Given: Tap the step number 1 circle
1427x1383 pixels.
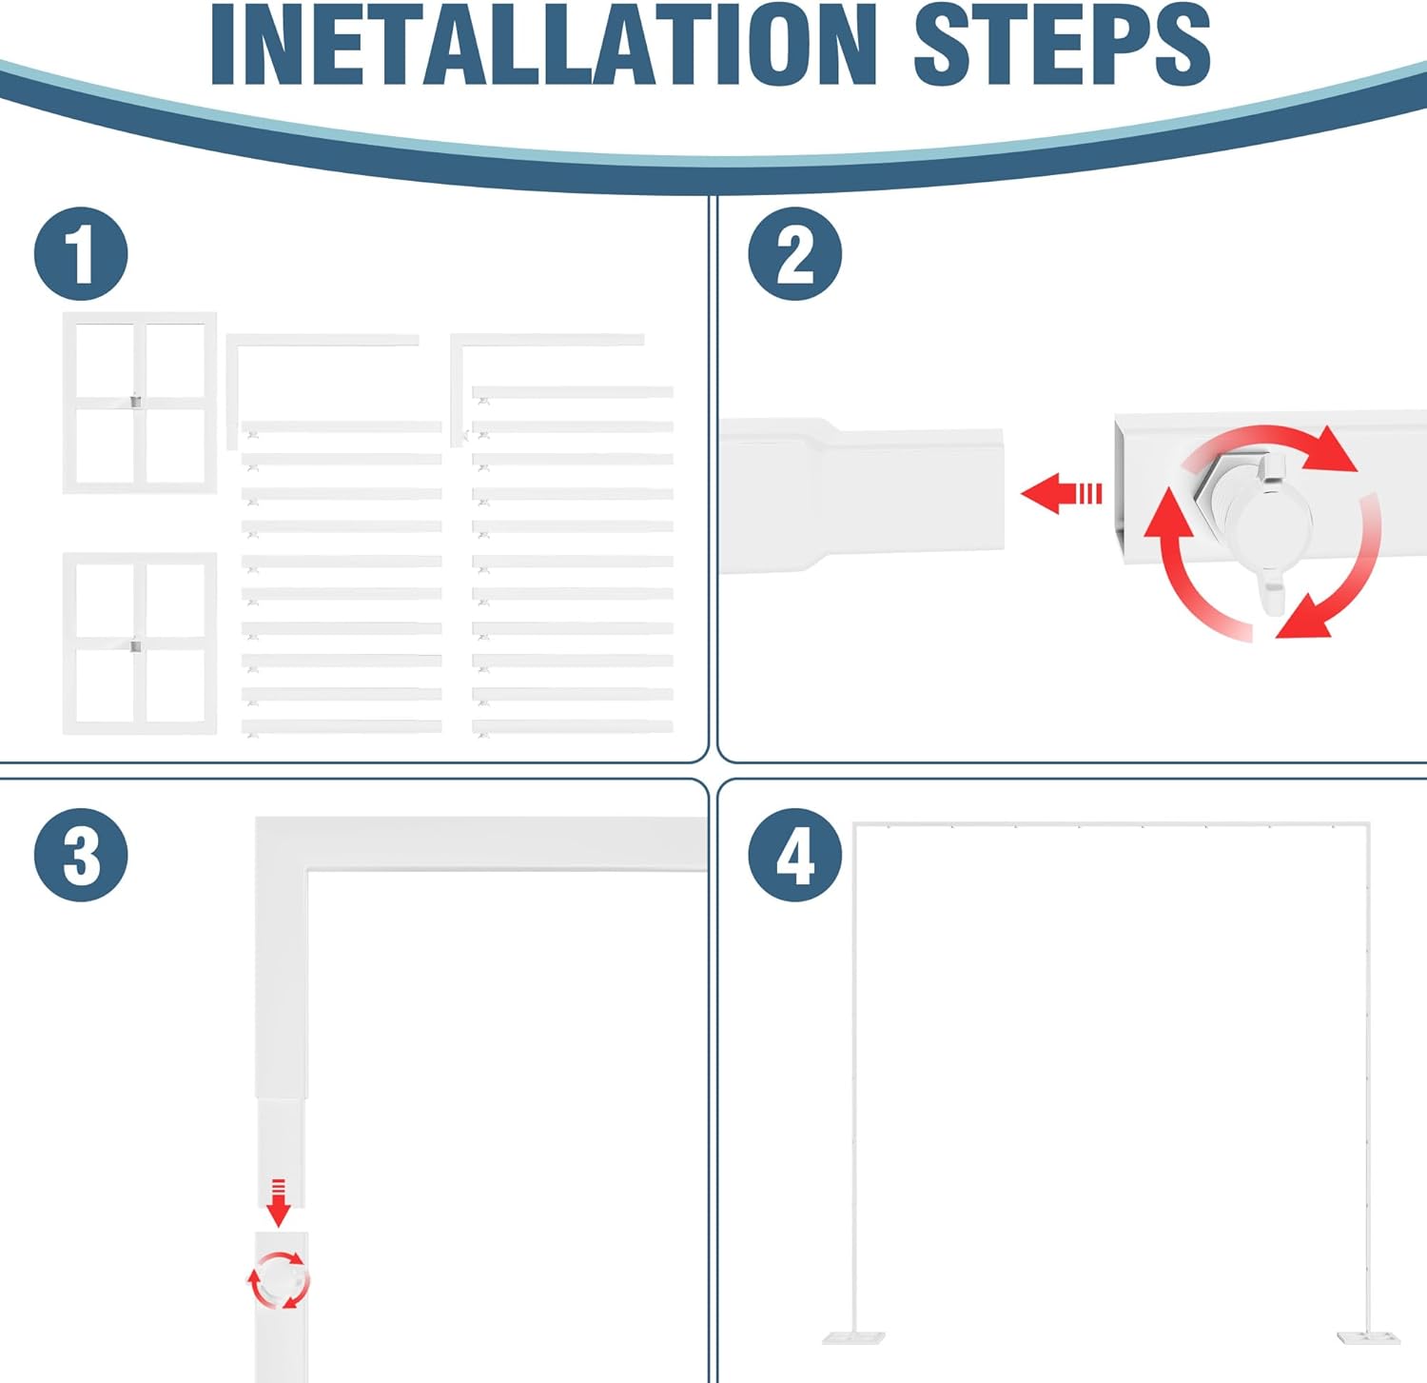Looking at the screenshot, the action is point(81,254).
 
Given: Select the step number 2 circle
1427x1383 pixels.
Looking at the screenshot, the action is point(794,254).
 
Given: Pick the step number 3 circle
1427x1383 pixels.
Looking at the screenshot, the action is point(81,855).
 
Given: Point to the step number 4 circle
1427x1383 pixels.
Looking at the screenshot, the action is point(794,855).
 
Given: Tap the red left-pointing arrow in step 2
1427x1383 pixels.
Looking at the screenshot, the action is point(1061,493).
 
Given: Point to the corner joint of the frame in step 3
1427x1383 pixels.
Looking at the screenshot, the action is point(282,843).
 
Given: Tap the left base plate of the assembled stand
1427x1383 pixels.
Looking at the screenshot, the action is point(853,1337).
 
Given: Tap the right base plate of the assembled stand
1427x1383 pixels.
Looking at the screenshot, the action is point(1368,1337).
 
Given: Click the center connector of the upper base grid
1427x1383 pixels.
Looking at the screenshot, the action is point(135,401).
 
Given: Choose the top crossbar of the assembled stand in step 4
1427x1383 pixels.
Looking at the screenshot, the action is point(1111,824).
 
